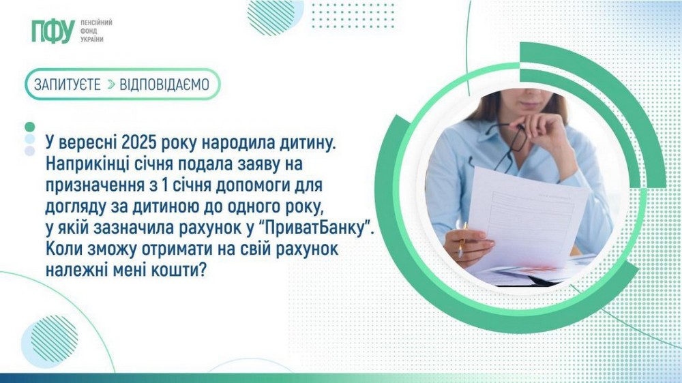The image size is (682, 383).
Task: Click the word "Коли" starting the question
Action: tap(63, 249)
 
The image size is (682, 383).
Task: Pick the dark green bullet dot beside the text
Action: tap(29, 127)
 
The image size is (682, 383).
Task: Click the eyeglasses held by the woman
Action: tap(509, 145)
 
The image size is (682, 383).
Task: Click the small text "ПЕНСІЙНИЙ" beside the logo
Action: tap(96, 22)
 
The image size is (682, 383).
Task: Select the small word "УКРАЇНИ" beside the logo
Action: tap(92, 40)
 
